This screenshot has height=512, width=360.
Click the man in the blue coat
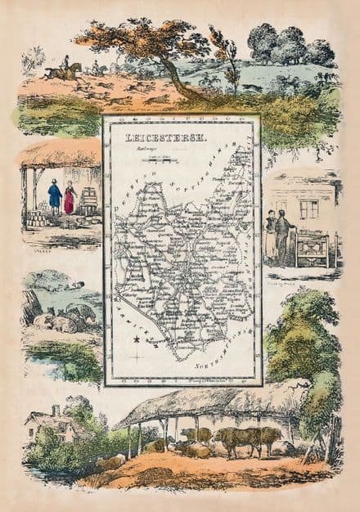click(55, 197)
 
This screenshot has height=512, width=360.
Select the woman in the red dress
click(70, 199)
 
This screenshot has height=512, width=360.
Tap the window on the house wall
click(309, 209)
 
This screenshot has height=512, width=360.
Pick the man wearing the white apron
click(271, 236)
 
